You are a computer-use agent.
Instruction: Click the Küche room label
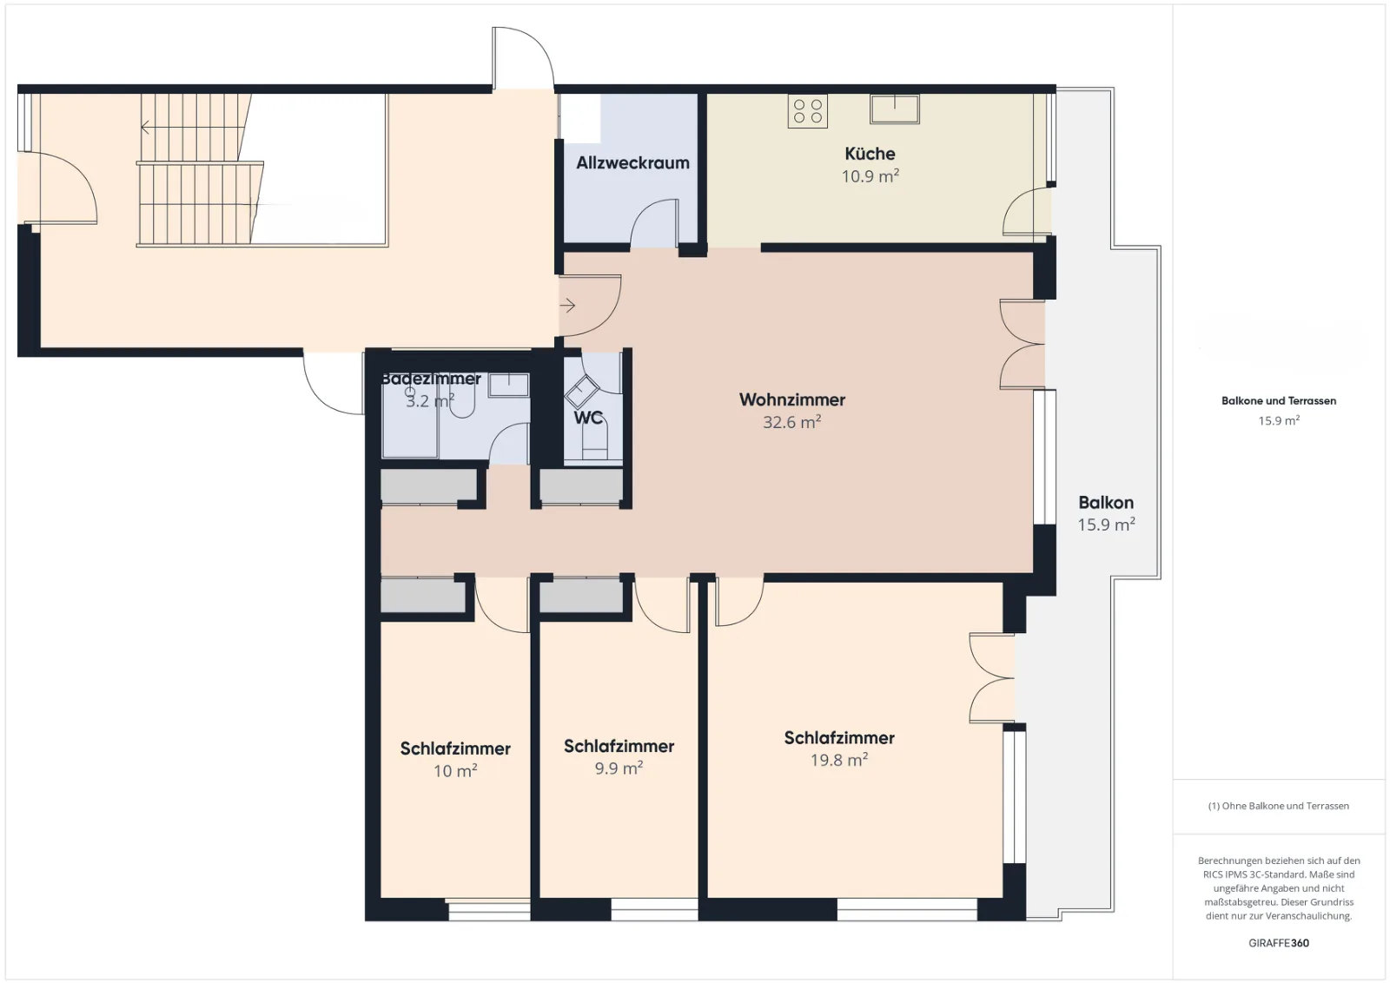tap(870, 154)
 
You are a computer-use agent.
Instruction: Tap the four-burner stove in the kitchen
tap(807, 112)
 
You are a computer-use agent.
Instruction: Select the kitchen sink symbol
tap(894, 109)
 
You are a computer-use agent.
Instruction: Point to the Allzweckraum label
tap(632, 163)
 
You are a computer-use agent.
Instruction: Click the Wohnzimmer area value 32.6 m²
tap(791, 422)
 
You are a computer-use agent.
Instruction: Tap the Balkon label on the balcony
tap(1106, 502)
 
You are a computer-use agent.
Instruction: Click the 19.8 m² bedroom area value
tap(839, 760)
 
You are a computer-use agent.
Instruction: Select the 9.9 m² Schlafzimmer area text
tap(619, 769)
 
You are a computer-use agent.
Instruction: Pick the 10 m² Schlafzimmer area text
tap(455, 771)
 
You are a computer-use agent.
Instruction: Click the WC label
tap(587, 418)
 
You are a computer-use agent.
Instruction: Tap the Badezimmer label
tap(431, 379)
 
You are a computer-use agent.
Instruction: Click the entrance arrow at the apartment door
tap(567, 305)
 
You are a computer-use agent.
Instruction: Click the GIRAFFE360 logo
tap(1278, 943)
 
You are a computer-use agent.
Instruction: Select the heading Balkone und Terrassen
tap(1278, 400)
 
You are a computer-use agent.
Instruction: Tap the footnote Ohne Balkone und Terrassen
tap(1278, 806)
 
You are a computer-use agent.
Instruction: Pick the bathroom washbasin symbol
tap(508, 385)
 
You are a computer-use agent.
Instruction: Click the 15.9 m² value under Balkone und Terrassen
tap(1278, 420)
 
